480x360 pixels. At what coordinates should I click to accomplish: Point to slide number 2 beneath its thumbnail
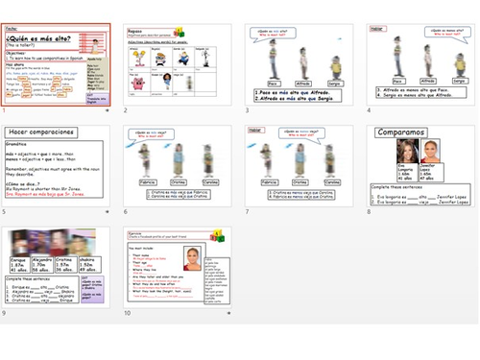126,110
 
